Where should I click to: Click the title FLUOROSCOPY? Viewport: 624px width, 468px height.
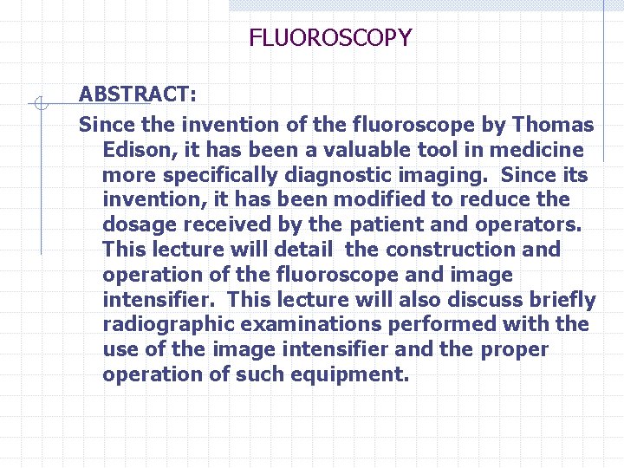click(x=330, y=38)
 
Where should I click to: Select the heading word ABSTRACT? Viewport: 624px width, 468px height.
click(x=134, y=94)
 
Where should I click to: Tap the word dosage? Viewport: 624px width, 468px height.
click(x=135, y=224)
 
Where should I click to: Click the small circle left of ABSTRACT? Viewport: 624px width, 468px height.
click(x=39, y=104)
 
